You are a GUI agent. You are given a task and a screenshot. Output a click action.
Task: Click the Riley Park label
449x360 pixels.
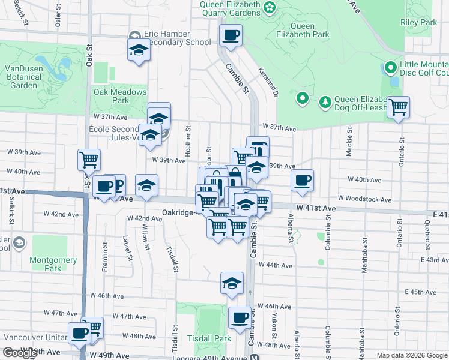tap(419, 22)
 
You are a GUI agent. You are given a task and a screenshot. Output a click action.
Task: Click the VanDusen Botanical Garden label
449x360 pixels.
tap(25, 77)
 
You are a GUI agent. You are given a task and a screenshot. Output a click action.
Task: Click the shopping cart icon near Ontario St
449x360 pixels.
tap(398, 107)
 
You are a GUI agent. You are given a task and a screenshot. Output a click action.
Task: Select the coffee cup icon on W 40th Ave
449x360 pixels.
tap(302, 179)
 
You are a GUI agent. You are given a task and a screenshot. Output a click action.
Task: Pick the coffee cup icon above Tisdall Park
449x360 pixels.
tap(240, 317)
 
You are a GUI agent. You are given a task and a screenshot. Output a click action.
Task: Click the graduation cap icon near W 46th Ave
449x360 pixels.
tap(232, 283)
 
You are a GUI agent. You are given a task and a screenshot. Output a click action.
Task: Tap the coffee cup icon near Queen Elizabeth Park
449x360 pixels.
tap(230, 35)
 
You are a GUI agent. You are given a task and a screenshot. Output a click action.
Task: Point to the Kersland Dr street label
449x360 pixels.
tap(268, 82)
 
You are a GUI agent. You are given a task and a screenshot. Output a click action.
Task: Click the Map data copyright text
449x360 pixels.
tap(412, 355)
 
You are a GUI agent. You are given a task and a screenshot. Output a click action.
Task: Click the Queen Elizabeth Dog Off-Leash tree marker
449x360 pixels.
tap(325, 101)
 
